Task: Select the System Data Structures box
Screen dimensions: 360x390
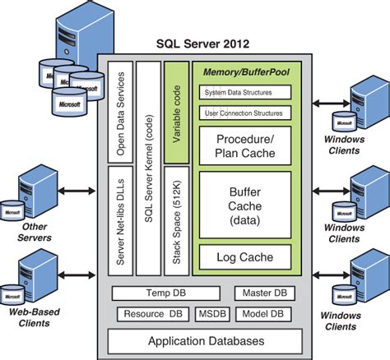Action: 245,92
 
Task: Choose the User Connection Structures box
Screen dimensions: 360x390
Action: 245,112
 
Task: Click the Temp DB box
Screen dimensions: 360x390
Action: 165,293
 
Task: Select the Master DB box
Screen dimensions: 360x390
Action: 264,293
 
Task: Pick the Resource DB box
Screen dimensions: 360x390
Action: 153,313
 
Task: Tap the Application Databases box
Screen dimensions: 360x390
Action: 207,340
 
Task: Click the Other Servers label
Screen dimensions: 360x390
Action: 35,233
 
